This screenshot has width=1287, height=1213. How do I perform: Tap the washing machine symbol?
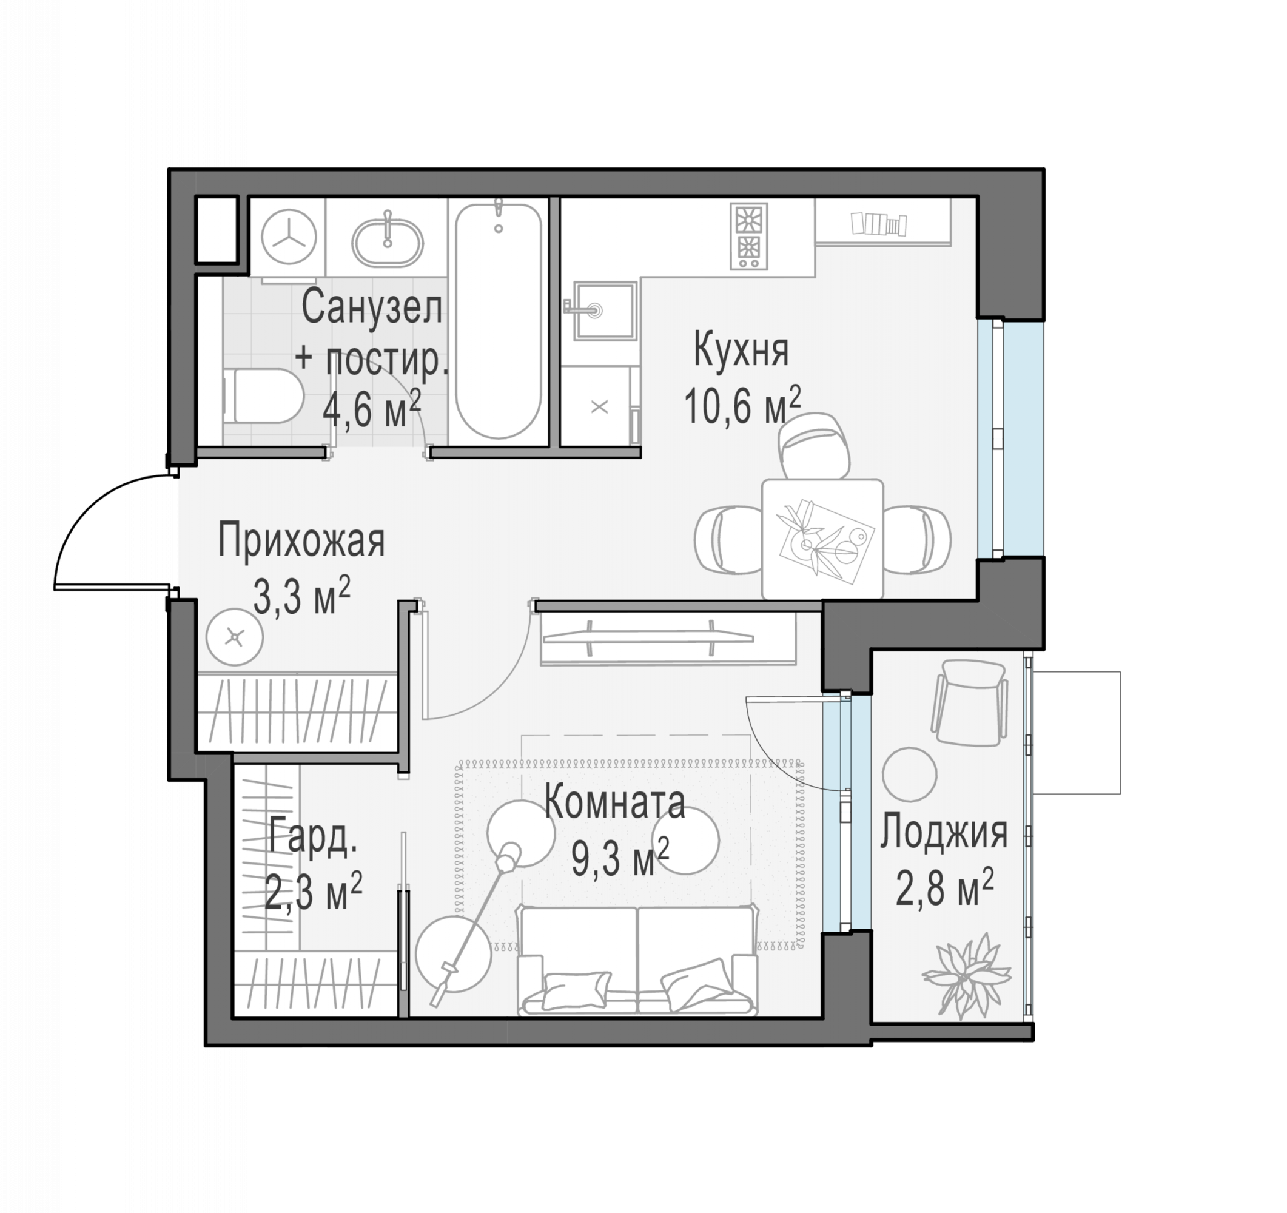pyautogui.click(x=288, y=238)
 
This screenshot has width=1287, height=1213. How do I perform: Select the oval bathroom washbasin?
pyautogui.click(x=387, y=241)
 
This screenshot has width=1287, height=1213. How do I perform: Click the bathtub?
pyautogui.click(x=498, y=321)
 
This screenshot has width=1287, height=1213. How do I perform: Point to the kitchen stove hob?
pyautogui.click(x=749, y=237)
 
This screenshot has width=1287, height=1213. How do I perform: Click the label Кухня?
pyautogui.click(x=741, y=350)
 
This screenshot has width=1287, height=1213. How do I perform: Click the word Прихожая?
pyautogui.click(x=301, y=540)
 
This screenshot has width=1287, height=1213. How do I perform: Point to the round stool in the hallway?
pyautogui.click(x=234, y=637)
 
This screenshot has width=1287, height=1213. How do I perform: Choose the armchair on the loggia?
pyautogui.click(x=969, y=702)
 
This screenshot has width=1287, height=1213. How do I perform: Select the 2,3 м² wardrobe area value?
pyautogui.click(x=314, y=892)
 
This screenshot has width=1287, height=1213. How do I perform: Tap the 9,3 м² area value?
pyautogui.click(x=620, y=858)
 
